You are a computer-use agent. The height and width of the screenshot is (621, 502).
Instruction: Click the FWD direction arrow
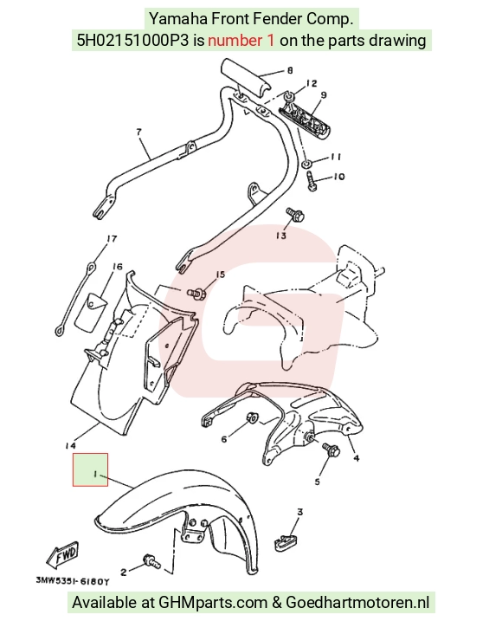63,554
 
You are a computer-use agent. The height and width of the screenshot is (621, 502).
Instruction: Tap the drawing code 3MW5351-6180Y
73,581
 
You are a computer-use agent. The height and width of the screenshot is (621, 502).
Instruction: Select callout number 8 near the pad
290,70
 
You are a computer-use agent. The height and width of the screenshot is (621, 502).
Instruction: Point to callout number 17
112,239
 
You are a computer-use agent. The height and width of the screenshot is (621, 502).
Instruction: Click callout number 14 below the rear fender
70,445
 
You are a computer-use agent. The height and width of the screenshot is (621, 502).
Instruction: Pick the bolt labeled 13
295,215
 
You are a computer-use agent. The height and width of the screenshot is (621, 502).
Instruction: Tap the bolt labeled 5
331,450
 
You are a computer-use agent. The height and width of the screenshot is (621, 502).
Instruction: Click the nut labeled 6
252,417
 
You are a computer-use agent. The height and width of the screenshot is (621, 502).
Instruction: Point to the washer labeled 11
306,163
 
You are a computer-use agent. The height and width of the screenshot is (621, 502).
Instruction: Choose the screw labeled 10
312,182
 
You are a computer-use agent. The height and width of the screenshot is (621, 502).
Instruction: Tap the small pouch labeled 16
90,313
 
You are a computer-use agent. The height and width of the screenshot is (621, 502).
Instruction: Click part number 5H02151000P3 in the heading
133,41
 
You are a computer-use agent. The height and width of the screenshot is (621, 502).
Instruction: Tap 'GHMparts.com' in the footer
213,603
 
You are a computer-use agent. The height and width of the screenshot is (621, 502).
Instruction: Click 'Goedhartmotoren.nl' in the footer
357,603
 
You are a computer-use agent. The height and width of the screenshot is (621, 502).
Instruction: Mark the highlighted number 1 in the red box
95,474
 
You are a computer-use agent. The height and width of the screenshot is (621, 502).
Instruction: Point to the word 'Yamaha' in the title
177,18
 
